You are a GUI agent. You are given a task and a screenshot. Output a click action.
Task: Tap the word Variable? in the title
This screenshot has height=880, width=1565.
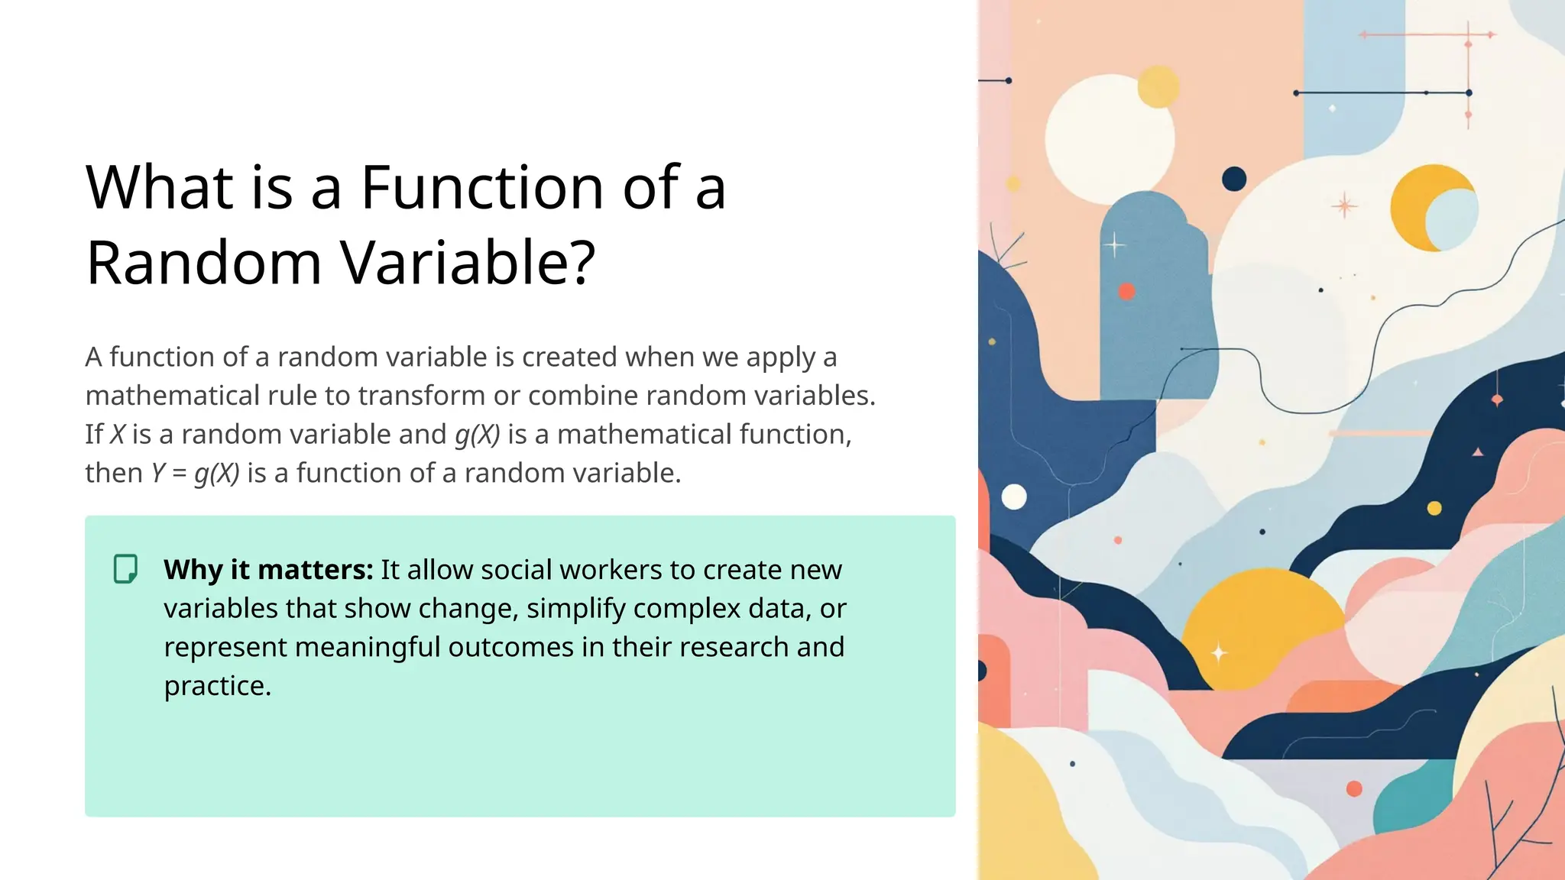468,263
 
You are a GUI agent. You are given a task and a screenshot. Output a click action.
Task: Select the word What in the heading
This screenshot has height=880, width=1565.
160,187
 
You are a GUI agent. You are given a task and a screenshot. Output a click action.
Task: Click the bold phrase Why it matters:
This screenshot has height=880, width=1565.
268,570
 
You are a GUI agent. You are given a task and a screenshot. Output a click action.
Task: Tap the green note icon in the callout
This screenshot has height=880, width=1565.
126,569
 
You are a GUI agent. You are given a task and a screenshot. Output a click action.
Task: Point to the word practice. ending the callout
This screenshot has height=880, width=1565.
218,686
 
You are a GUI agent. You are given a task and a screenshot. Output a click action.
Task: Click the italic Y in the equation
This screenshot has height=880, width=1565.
157,474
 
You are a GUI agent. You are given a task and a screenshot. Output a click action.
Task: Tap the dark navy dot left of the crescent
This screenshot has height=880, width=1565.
1234,180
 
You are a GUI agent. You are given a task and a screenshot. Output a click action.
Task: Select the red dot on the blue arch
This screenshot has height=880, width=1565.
1126,291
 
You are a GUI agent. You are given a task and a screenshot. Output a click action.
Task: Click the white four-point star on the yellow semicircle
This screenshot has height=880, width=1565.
1219,653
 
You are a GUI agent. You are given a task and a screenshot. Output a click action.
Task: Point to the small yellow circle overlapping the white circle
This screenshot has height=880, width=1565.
1158,86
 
